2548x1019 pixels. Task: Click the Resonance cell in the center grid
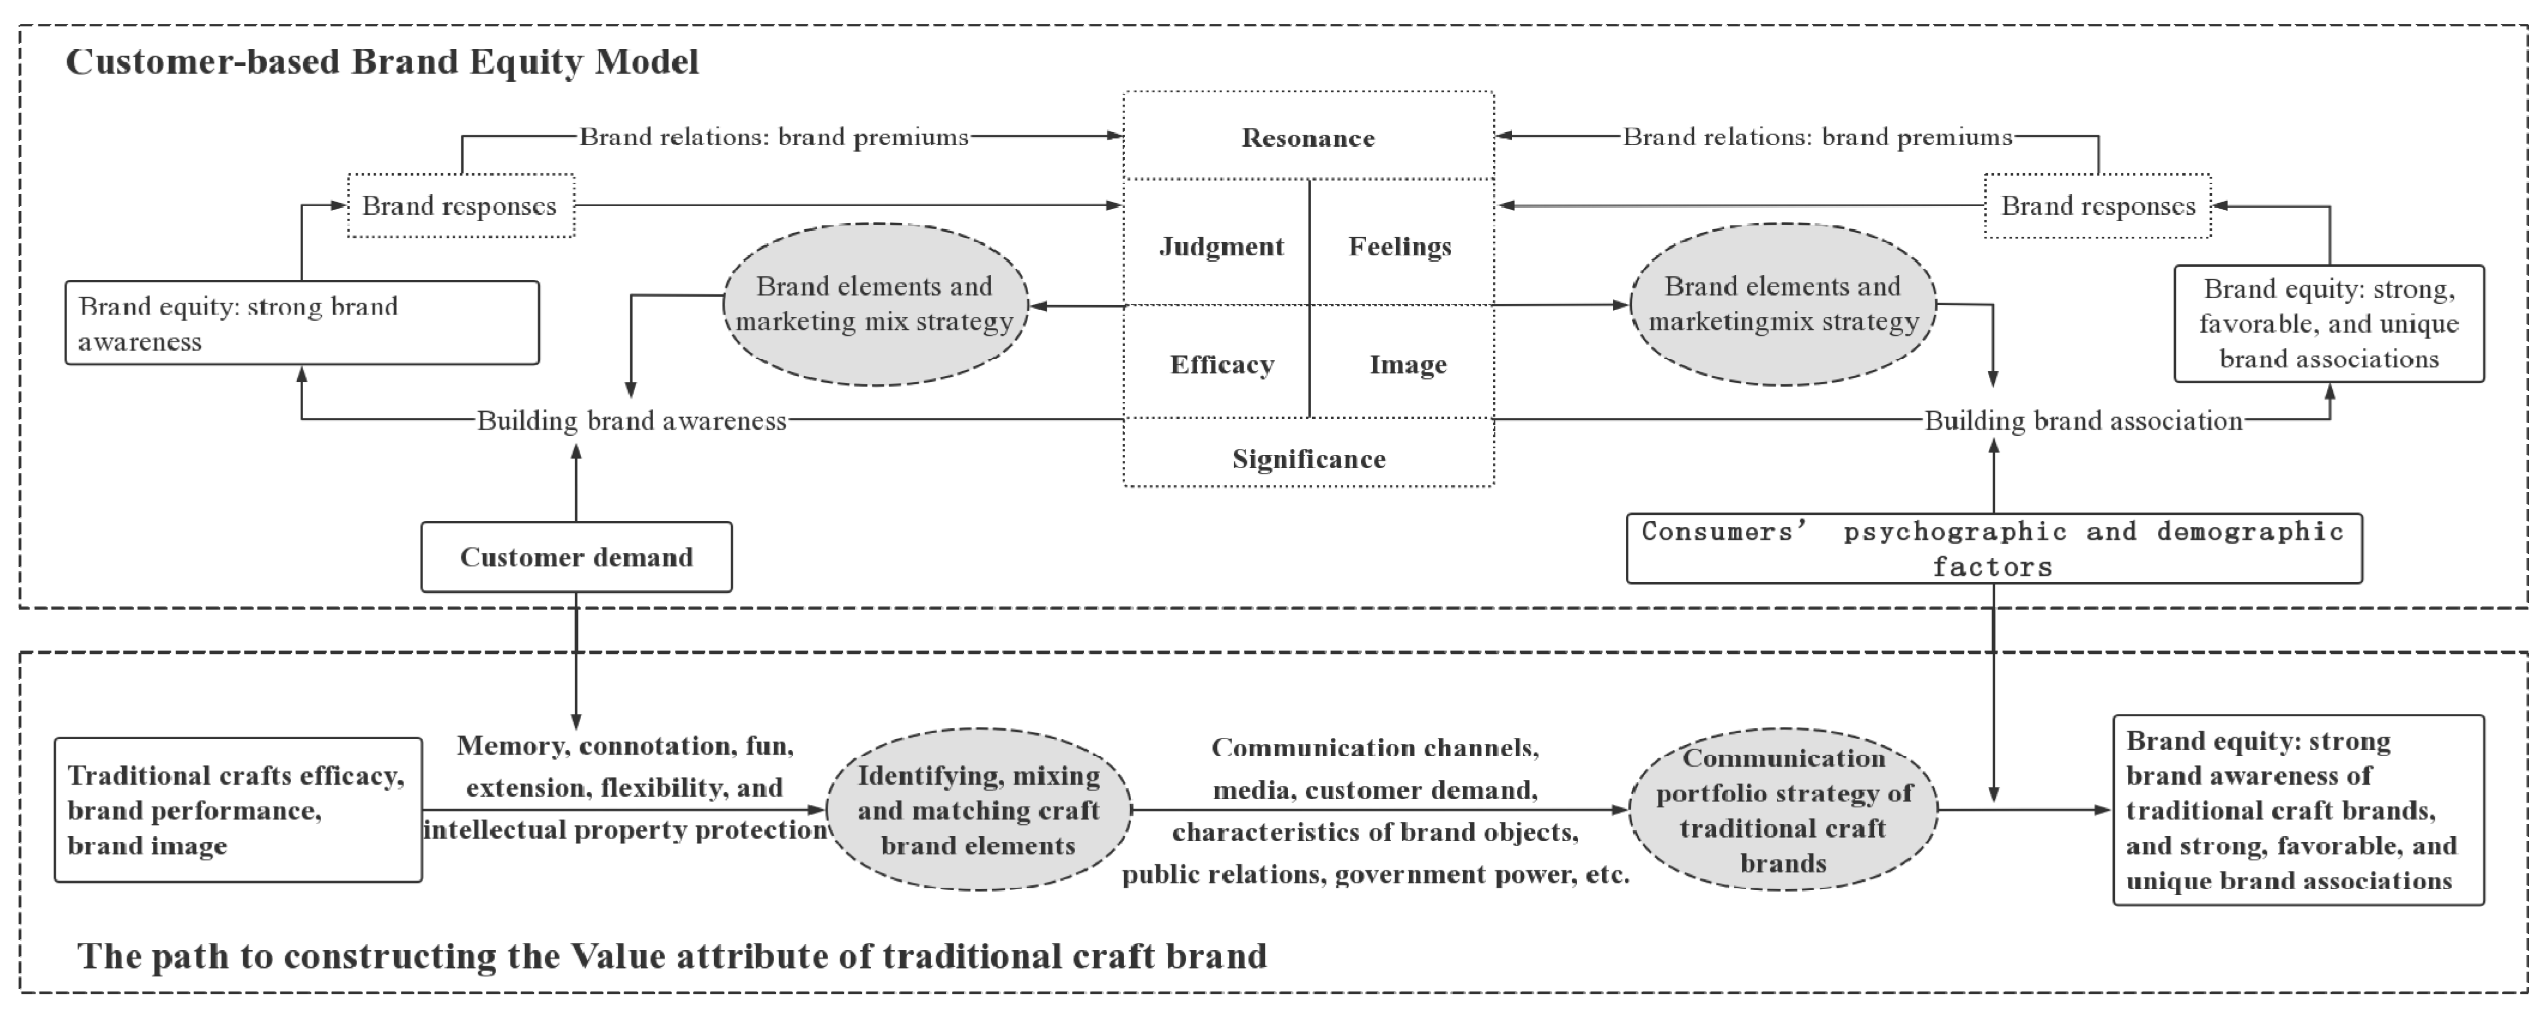pyautogui.click(x=1308, y=137)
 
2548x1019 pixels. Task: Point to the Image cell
pyautogui.click(x=1407, y=364)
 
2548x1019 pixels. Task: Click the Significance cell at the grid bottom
pyautogui.click(x=1308, y=458)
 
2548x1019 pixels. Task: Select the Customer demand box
pyautogui.click(x=576, y=557)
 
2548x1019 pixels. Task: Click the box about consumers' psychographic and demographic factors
pyautogui.click(x=1993, y=548)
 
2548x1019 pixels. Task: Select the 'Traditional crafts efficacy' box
pyautogui.click(x=237, y=809)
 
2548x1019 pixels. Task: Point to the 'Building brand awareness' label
pyautogui.click(x=631, y=420)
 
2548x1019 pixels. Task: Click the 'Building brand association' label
pyautogui.click(x=2082, y=420)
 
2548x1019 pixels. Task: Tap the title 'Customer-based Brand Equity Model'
pyautogui.click(x=382, y=61)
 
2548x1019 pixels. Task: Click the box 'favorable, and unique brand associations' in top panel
pyautogui.click(x=2328, y=324)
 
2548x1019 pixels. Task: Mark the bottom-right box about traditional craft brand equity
pyautogui.click(x=2298, y=809)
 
